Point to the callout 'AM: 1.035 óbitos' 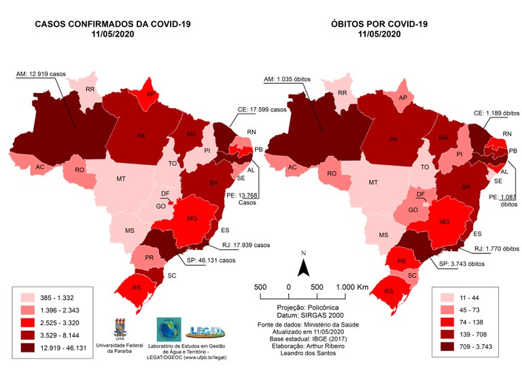287,79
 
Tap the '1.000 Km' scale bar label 351,287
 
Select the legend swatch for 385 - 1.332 29,297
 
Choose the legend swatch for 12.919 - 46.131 29,349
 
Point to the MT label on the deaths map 372,183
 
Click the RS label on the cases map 137,288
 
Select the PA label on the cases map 141,136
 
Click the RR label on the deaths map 343,93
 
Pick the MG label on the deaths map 445,222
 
